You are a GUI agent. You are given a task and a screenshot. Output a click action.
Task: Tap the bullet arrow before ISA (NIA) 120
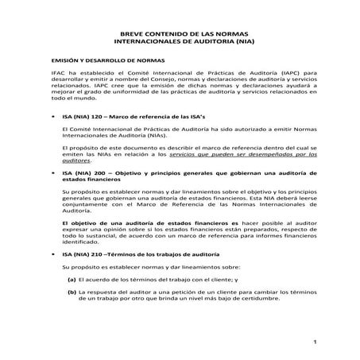[x=52, y=116]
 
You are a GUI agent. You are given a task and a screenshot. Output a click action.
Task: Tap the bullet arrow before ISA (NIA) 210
[x=52, y=254]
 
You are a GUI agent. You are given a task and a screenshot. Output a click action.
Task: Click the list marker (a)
[x=71, y=280]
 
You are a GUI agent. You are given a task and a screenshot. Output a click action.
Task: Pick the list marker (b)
[x=71, y=293]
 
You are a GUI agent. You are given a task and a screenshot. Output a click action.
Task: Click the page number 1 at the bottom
[x=315, y=343]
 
